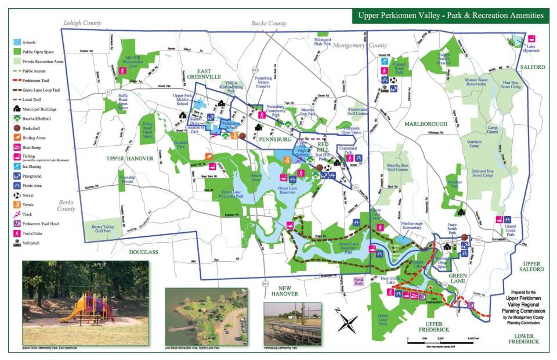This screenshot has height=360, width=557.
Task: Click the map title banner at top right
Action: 450,16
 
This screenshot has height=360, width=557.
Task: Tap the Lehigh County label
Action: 82,23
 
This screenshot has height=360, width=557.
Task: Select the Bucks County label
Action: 269,23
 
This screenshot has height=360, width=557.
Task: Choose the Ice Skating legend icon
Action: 17,166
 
